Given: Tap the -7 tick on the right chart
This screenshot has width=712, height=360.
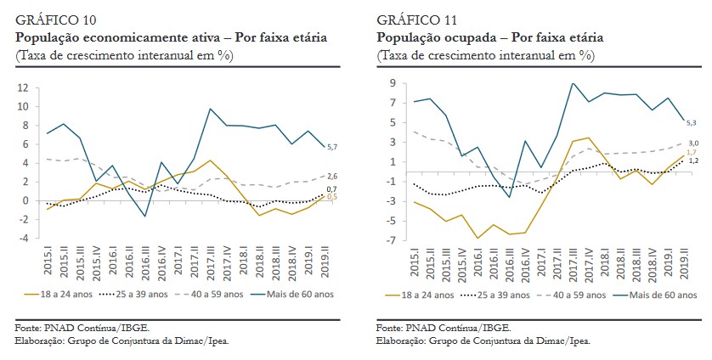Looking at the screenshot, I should tap(393, 240).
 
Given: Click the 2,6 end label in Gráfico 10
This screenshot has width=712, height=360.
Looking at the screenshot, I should tap(333, 175).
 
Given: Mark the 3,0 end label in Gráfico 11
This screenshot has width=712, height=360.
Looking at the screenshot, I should tap(692, 143).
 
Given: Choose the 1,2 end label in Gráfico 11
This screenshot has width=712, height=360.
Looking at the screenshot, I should tap(692, 160).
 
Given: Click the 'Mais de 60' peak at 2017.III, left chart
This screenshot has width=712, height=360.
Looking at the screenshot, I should tap(210, 109).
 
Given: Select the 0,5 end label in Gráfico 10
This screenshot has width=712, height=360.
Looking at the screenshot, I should tap(333, 197).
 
